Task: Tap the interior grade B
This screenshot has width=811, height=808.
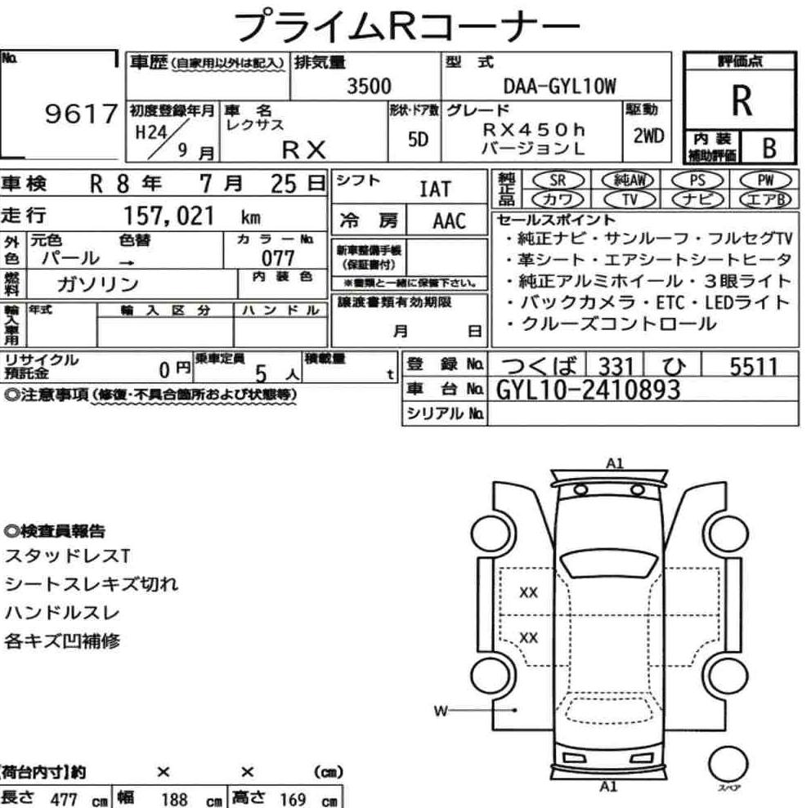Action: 768,148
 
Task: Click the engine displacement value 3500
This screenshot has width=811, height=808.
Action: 369,87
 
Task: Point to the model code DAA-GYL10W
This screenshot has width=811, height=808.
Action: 559,87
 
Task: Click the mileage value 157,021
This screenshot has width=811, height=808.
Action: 168,216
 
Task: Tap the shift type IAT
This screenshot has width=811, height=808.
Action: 434,190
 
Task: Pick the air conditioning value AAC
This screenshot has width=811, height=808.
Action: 448,221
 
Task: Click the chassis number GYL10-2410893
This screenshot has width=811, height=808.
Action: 588,391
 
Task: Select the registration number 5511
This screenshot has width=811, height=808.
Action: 753,367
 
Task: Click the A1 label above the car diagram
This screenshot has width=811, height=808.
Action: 615,463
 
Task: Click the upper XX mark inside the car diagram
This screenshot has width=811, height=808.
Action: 529,593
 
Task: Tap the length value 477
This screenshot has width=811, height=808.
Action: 64,797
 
